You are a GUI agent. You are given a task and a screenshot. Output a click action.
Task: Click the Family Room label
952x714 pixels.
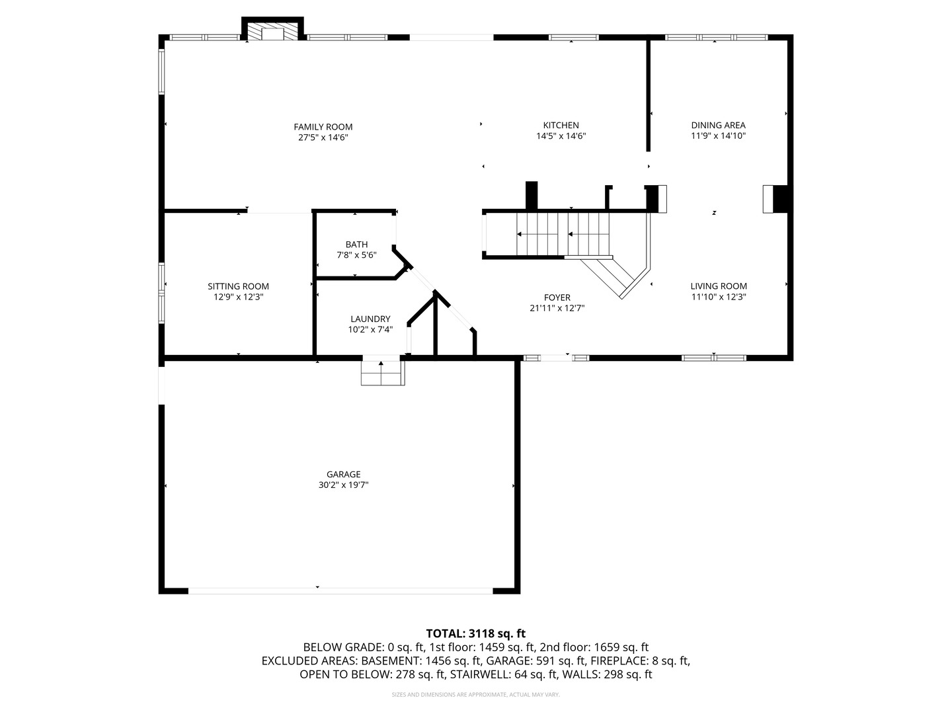[323, 127]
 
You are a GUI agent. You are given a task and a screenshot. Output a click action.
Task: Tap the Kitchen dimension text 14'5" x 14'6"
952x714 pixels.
[561, 136]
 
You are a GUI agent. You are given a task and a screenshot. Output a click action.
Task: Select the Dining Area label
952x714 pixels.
[718, 125]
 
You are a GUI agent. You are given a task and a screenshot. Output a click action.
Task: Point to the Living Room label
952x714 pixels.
[719, 286]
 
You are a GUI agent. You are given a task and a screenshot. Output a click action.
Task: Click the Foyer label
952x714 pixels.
[557, 297]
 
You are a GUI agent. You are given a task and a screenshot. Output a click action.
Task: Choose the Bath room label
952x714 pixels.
[356, 245]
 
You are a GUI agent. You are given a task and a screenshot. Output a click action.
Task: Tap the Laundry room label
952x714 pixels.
[370, 319]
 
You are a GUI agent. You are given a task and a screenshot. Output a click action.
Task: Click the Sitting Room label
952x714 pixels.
[238, 286]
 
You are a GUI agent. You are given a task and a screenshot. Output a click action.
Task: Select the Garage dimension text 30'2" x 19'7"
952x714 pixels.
[343, 485]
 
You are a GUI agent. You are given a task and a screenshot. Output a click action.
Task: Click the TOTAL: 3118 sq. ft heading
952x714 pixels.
[475, 633]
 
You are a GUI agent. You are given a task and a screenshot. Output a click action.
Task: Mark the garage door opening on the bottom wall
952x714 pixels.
[340, 590]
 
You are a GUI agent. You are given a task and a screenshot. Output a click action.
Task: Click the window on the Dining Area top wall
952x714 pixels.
[716, 38]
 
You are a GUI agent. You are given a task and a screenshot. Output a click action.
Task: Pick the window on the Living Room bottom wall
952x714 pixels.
[714, 358]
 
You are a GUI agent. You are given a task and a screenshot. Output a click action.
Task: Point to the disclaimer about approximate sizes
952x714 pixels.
[475, 695]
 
